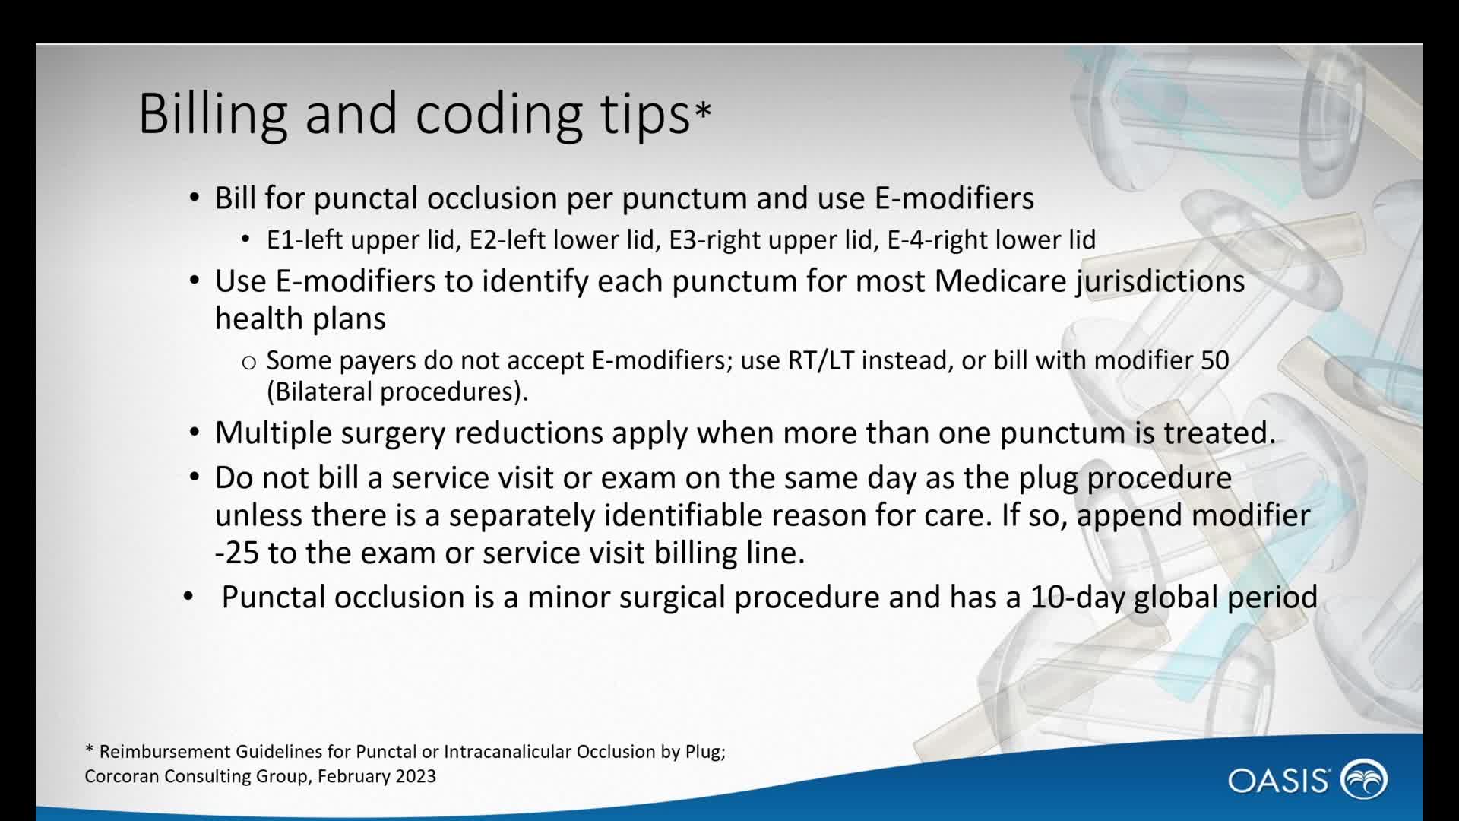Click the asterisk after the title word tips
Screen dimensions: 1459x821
(x=703, y=112)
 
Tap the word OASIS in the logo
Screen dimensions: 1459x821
(x=1278, y=781)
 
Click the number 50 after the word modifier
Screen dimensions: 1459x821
(x=1215, y=360)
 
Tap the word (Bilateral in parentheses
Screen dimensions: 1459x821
(x=319, y=391)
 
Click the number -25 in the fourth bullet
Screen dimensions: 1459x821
(x=237, y=553)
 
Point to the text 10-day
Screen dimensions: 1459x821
(x=1078, y=598)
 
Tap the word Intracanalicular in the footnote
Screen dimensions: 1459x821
(x=507, y=752)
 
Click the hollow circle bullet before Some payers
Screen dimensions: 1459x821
(x=248, y=363)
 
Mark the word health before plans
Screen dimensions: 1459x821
(x=258, y=319)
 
